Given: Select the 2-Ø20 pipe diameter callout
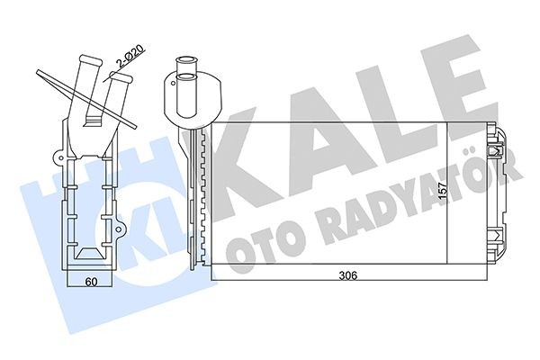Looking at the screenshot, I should point(129,55).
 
